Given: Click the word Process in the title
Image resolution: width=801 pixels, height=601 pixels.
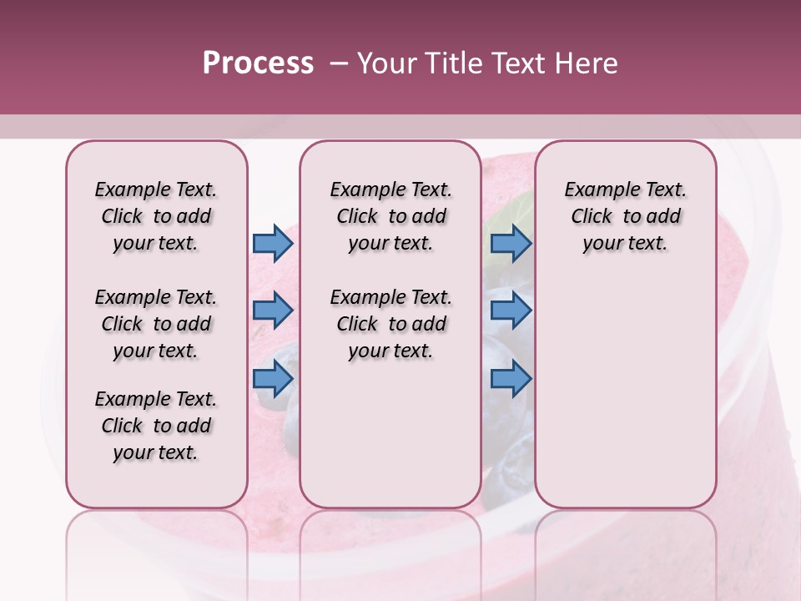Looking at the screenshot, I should click(x=258, y=63).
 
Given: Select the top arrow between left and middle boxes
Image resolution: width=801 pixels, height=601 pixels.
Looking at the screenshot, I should click(x=273, y=243).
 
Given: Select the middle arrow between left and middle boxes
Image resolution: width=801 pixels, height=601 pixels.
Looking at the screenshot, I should click(x=273, y=311).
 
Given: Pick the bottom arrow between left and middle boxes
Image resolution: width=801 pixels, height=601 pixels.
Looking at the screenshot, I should click(x=273, y=379).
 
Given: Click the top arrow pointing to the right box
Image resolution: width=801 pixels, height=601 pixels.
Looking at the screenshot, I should click(x=511, y=243).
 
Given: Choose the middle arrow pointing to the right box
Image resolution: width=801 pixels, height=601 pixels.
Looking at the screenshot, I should click(x=511, y=311).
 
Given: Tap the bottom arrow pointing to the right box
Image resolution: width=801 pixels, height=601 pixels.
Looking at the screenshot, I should click(x=511, y=379).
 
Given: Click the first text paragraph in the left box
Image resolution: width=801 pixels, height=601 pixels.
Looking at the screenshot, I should click(x=156, y=216).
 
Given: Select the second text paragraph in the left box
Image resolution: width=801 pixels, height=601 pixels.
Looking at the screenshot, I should click(x=156, y=324).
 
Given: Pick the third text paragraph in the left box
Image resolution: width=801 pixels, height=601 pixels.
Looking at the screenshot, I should click(x=156, y=426).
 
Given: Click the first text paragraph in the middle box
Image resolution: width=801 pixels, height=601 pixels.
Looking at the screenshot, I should click(x=390, y=216).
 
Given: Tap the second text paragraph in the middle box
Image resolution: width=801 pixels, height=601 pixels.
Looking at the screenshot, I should click(x=390, y=324).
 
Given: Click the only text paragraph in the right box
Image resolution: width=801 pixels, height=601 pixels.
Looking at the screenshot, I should click(x=625, y=216).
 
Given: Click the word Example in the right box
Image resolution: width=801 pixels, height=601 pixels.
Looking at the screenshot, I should click(x=595, y=190).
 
